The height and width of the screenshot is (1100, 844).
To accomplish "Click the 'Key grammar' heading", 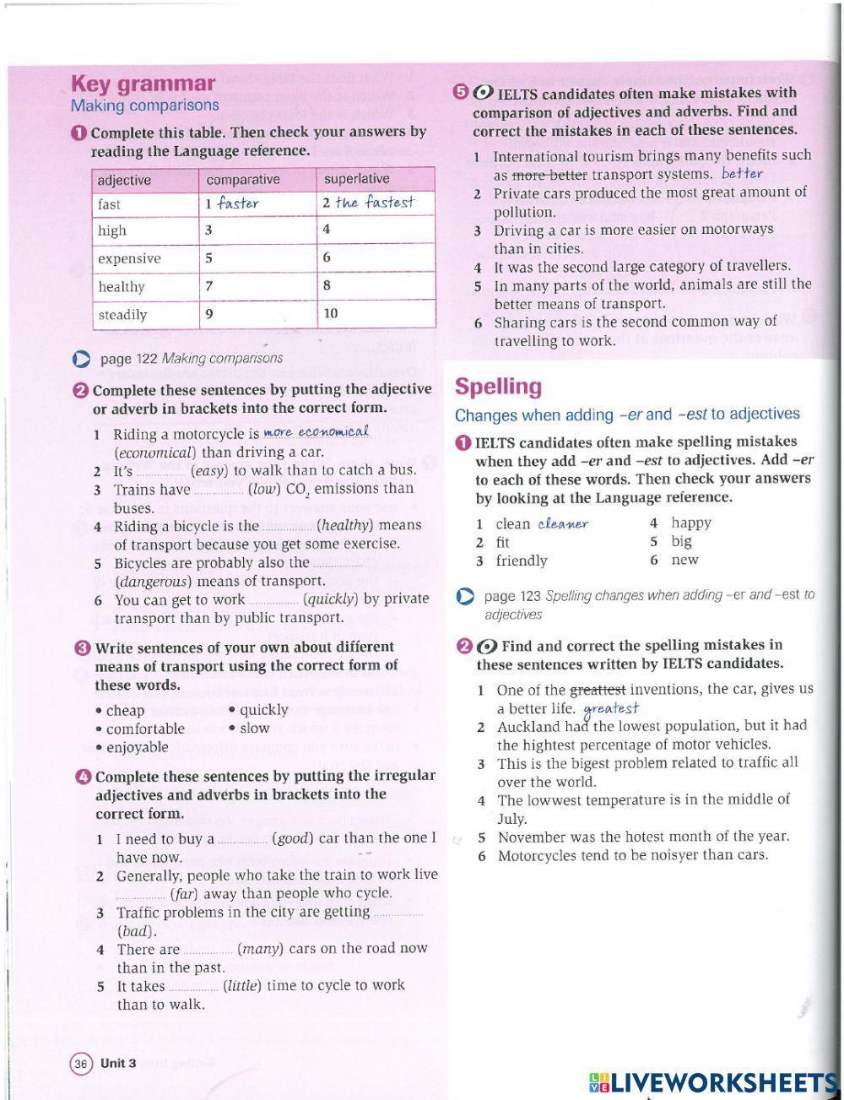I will (143, 84).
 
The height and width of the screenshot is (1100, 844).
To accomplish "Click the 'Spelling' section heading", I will (498, 387).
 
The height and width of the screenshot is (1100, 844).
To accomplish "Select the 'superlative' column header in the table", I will (356, 179).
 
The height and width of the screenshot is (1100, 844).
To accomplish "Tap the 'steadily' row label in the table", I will (122, 315).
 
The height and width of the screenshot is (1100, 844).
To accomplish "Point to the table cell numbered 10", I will (331, 313).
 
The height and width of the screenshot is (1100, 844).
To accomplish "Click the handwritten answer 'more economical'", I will (316, 432).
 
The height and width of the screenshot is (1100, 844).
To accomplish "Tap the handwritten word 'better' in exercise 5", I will (742, 174).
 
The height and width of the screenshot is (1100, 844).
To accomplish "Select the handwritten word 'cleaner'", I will (563, 523).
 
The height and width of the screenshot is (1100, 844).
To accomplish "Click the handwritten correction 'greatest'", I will (611, 708).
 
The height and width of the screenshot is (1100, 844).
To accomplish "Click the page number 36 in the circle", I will (81, 1063).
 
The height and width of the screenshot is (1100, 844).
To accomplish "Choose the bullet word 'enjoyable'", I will (137, 747).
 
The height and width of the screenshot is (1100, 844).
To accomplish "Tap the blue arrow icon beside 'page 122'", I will (81, 359).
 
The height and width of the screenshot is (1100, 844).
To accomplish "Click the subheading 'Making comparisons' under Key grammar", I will (144, 106).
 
